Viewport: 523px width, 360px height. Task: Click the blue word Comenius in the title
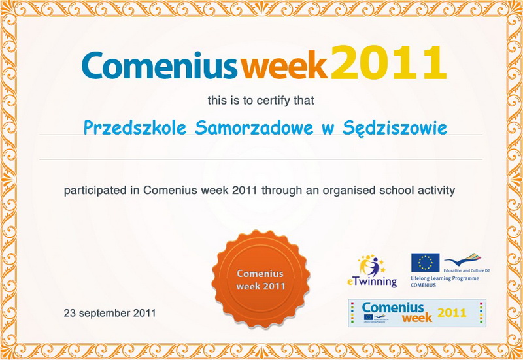(x=160, y=65)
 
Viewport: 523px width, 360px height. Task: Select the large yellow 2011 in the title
(x=388, y=62)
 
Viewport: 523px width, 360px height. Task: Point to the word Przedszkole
(x=135, y=127)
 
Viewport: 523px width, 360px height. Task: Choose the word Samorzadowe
(x=254, y=127)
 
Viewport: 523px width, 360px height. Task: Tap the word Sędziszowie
(x=395, y=128)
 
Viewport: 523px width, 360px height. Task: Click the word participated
(x=95, y=191)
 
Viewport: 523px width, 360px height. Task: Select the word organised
(x=349, y=191)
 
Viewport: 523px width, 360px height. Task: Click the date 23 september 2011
(x=110, y=313)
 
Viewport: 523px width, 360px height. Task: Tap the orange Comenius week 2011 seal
(x=260, y=279)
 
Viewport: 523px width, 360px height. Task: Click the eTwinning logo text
(x=372, y=282)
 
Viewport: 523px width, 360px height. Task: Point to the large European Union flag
(x=426, y=263)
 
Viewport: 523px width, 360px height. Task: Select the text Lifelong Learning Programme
(x=445, y=278)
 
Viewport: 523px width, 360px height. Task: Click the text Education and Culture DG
(x=467, y=270)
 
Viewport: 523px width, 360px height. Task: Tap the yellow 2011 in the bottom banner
(x=452, y=313)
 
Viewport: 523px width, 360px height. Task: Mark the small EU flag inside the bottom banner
(x=368, y=317)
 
